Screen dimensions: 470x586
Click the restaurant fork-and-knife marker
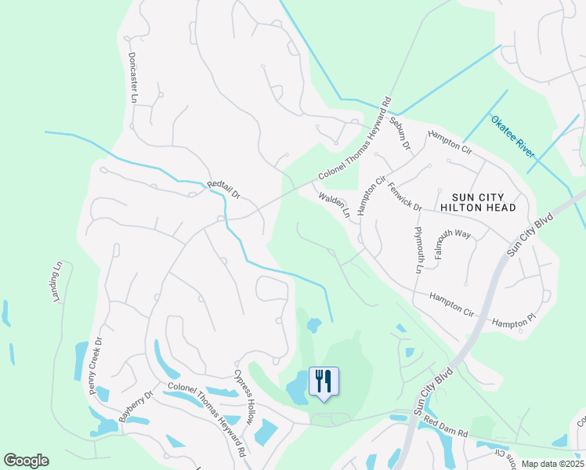[x=324, y=381]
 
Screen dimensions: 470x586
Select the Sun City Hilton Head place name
[x=478, y=201]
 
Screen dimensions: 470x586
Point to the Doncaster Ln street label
[x=132, y=78]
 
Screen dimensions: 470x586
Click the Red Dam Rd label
[x=445, y=427]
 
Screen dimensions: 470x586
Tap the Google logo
[x=26, y=460]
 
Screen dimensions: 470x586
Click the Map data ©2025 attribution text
[x=552, y=464]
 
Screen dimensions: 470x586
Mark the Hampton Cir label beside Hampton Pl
[x=452, y=304]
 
